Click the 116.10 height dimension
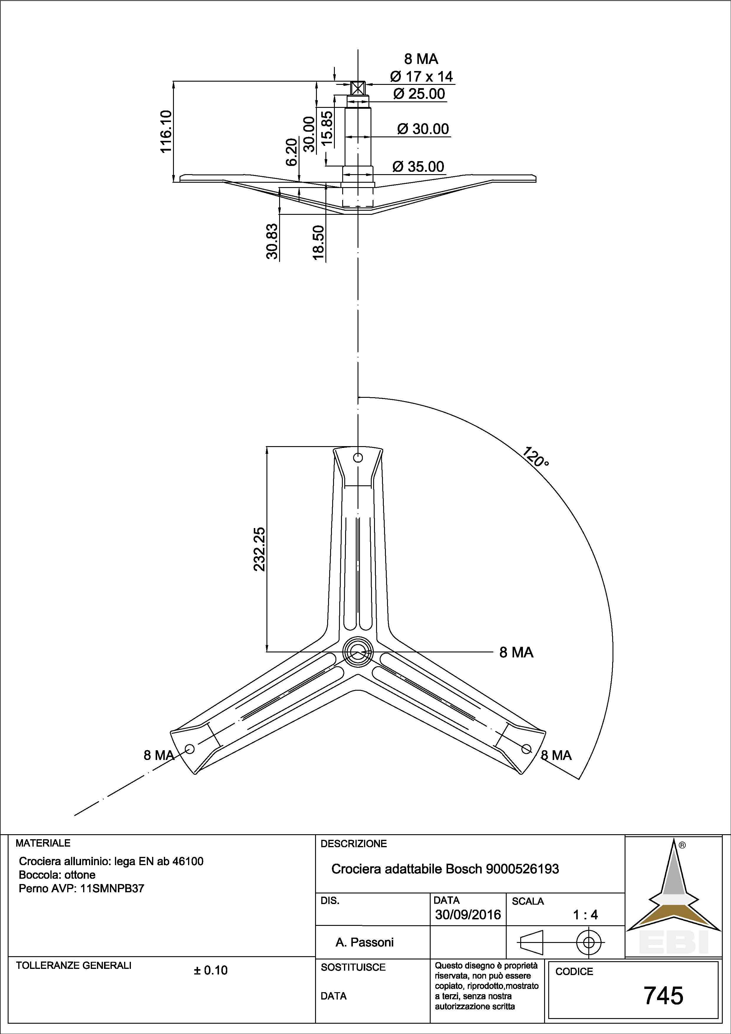166,131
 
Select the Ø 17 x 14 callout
421,77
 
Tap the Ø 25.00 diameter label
419,94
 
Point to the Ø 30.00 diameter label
423,129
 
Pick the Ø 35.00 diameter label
419,166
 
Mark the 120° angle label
536,457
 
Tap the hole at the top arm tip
358,458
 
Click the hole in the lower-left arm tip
190,748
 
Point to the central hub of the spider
358,651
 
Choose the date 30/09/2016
468,915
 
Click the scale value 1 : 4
585,915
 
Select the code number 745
664,996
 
